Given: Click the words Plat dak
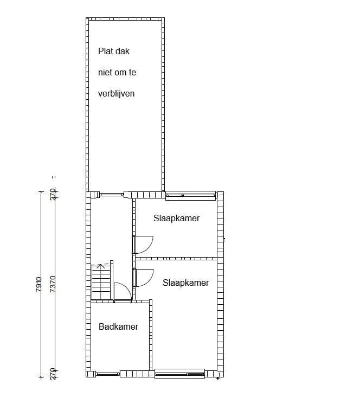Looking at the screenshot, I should coord(114,52).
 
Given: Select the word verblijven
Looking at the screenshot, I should coord(116,93).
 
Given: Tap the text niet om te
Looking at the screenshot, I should coord(117,72).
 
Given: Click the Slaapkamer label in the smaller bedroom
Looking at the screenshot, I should coord(177,219).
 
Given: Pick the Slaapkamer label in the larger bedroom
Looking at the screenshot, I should coord(186,283).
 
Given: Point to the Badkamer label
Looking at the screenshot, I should coord(118,326).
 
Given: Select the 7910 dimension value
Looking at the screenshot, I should coord(38,285).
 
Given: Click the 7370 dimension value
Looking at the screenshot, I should coord(53,285).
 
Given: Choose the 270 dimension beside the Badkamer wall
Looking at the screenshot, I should coord(53,374).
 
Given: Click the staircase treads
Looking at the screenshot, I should coord(101,282).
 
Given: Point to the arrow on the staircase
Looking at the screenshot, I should coord(100,266).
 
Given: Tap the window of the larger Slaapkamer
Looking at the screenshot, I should coord(179,373).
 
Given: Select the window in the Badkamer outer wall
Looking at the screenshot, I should coord(108,374).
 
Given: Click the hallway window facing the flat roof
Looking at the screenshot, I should coord(112,194).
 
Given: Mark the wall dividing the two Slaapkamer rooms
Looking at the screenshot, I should coord(176,258).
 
